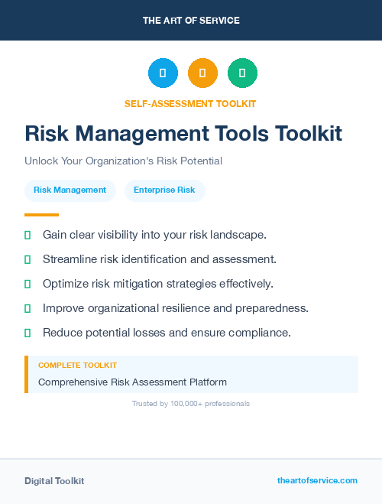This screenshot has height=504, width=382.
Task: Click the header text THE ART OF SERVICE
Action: click(191, 21)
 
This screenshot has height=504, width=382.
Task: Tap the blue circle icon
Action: click(163, 73)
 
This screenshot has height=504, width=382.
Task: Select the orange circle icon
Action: click(202, 73)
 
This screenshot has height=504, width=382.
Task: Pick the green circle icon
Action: click(242, 73)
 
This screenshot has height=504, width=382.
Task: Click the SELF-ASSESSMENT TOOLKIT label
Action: click(190, 103)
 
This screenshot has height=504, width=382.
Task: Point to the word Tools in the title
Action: click(239, 133)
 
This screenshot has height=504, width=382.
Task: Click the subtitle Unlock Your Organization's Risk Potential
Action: click(123, 161)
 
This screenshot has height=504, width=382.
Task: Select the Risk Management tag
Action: click(70, 190)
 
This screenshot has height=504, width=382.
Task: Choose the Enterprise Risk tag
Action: click(164, 190)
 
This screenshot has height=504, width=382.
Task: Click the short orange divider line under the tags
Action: click(41, 215)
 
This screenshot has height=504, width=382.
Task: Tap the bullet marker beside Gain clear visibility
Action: click(28, 235)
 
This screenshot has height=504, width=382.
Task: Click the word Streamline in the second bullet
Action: click(70, 259)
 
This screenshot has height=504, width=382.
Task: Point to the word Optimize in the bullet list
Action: click(66, 284)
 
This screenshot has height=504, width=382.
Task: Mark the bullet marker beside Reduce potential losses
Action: click(28, 333)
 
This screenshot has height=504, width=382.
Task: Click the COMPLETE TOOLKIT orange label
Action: click(77, 366)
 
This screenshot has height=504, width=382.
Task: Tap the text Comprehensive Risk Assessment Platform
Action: click(132, 382)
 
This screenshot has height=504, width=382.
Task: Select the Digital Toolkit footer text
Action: click(54, 481)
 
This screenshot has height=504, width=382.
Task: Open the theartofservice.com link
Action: click(317, 480)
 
